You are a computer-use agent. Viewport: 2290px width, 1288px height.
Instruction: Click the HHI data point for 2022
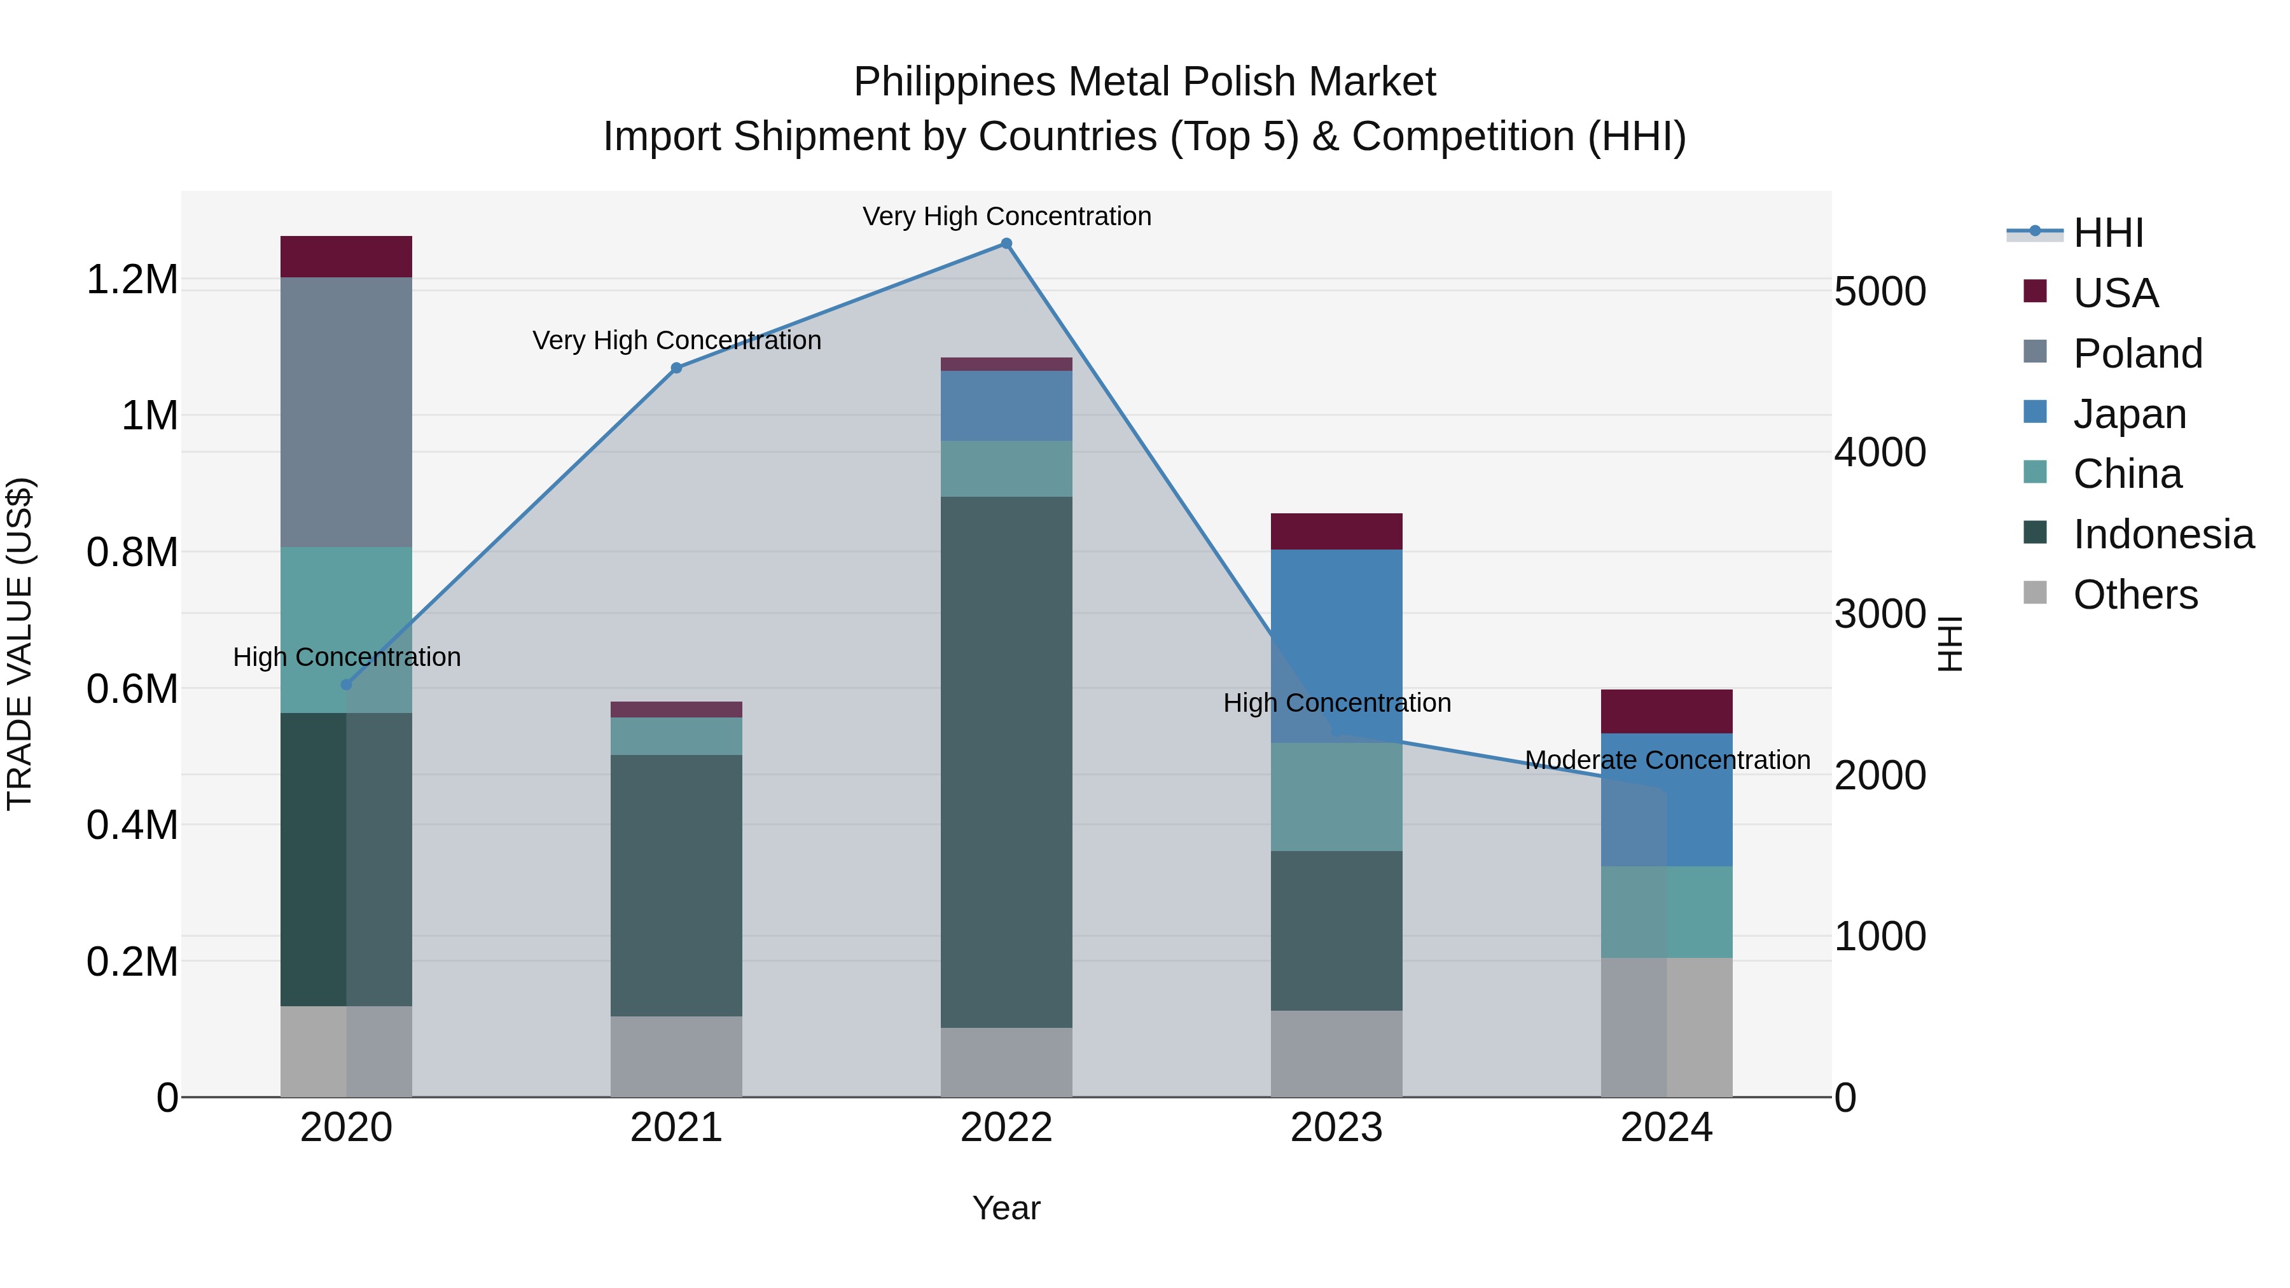pyautogui.click(x=1006, y=244)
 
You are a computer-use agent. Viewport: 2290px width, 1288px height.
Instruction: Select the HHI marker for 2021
pyautogui.click(x=677, y=368)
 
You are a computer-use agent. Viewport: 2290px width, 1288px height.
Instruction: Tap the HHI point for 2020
pyautogui.click(x=347, y=684)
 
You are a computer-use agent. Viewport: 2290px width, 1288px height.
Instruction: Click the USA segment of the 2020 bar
pyautogui.click(x=347, y=257)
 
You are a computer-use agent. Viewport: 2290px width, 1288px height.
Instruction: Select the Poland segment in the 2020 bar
pyautogui.click(x=347, y=412)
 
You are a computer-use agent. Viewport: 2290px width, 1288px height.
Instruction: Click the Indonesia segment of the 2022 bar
pyautogui.click(x=1006, y=762)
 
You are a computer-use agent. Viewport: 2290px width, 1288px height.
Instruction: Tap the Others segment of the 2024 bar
pyautogui.click(x=1667, y=1027)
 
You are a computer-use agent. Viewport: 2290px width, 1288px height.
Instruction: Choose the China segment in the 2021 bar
pyautogui.click(x=677, y=736)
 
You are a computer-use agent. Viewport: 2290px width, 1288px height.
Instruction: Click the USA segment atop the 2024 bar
pyautogui.click(x=1667, y=711)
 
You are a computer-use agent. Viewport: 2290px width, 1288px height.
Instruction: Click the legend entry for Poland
pyautogui.click(x=2137, y=354)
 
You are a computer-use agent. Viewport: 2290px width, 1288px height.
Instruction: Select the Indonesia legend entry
pyautogui.click(x=2162, y=534)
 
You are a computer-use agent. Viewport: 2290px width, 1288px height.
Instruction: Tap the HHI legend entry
pyautogui.click(x=2107, y=233)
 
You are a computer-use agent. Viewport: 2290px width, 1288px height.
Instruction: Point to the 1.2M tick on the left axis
pyautogui.click(x=132, y=280)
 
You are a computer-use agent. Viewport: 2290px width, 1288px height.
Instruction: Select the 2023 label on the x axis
pyautogui.click(x=1336, y=1128)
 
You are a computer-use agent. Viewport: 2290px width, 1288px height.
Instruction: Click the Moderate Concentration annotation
pyautogui.click(x=1667, y=760)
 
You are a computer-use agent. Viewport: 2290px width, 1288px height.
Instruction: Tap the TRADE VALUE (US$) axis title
pyautogui.click(x=20, y=644)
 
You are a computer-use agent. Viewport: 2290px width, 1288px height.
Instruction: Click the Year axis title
pyautogui.click(x=1006, y=1208)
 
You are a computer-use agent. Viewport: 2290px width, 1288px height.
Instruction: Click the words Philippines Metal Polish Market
pyautogui.click(x=1144, y=82)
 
